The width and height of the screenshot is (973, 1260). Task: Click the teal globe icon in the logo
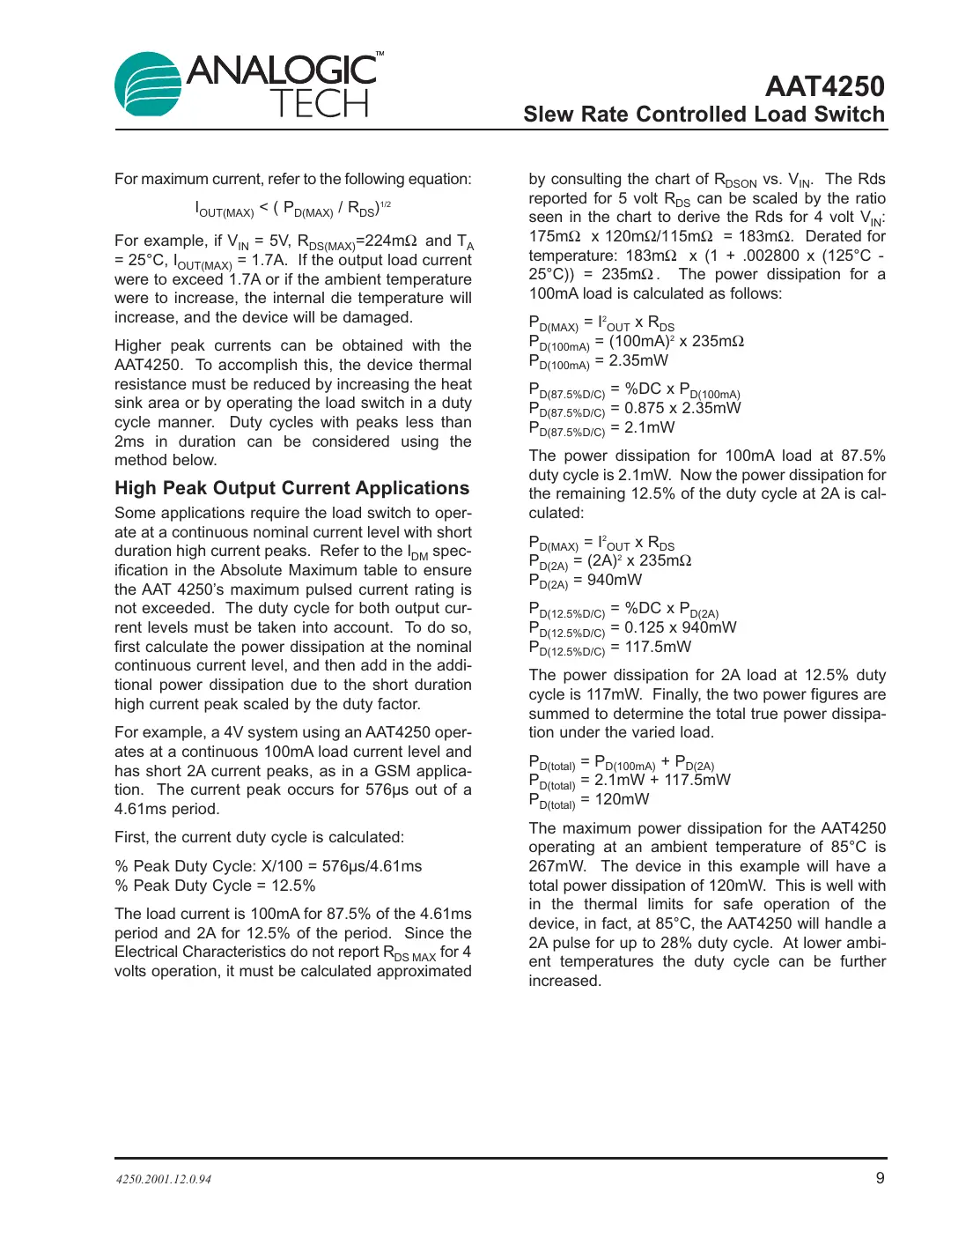point(148,85)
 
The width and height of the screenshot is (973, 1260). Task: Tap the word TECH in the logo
point(319,104)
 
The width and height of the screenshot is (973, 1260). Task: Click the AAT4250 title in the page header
point(824,86)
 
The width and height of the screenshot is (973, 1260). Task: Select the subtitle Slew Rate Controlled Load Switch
point(704,115)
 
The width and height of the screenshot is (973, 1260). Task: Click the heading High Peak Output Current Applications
point(291,488)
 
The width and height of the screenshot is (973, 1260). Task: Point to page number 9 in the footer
point(880,1178)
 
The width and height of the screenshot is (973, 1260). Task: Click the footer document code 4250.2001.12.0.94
point(164,1179)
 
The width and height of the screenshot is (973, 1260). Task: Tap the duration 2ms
point(129,441)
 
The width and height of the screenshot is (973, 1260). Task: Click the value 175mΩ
point(555,236)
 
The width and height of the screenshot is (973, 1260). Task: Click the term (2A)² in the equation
point(605,560)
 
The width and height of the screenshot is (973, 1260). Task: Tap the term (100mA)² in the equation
point(641,341)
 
